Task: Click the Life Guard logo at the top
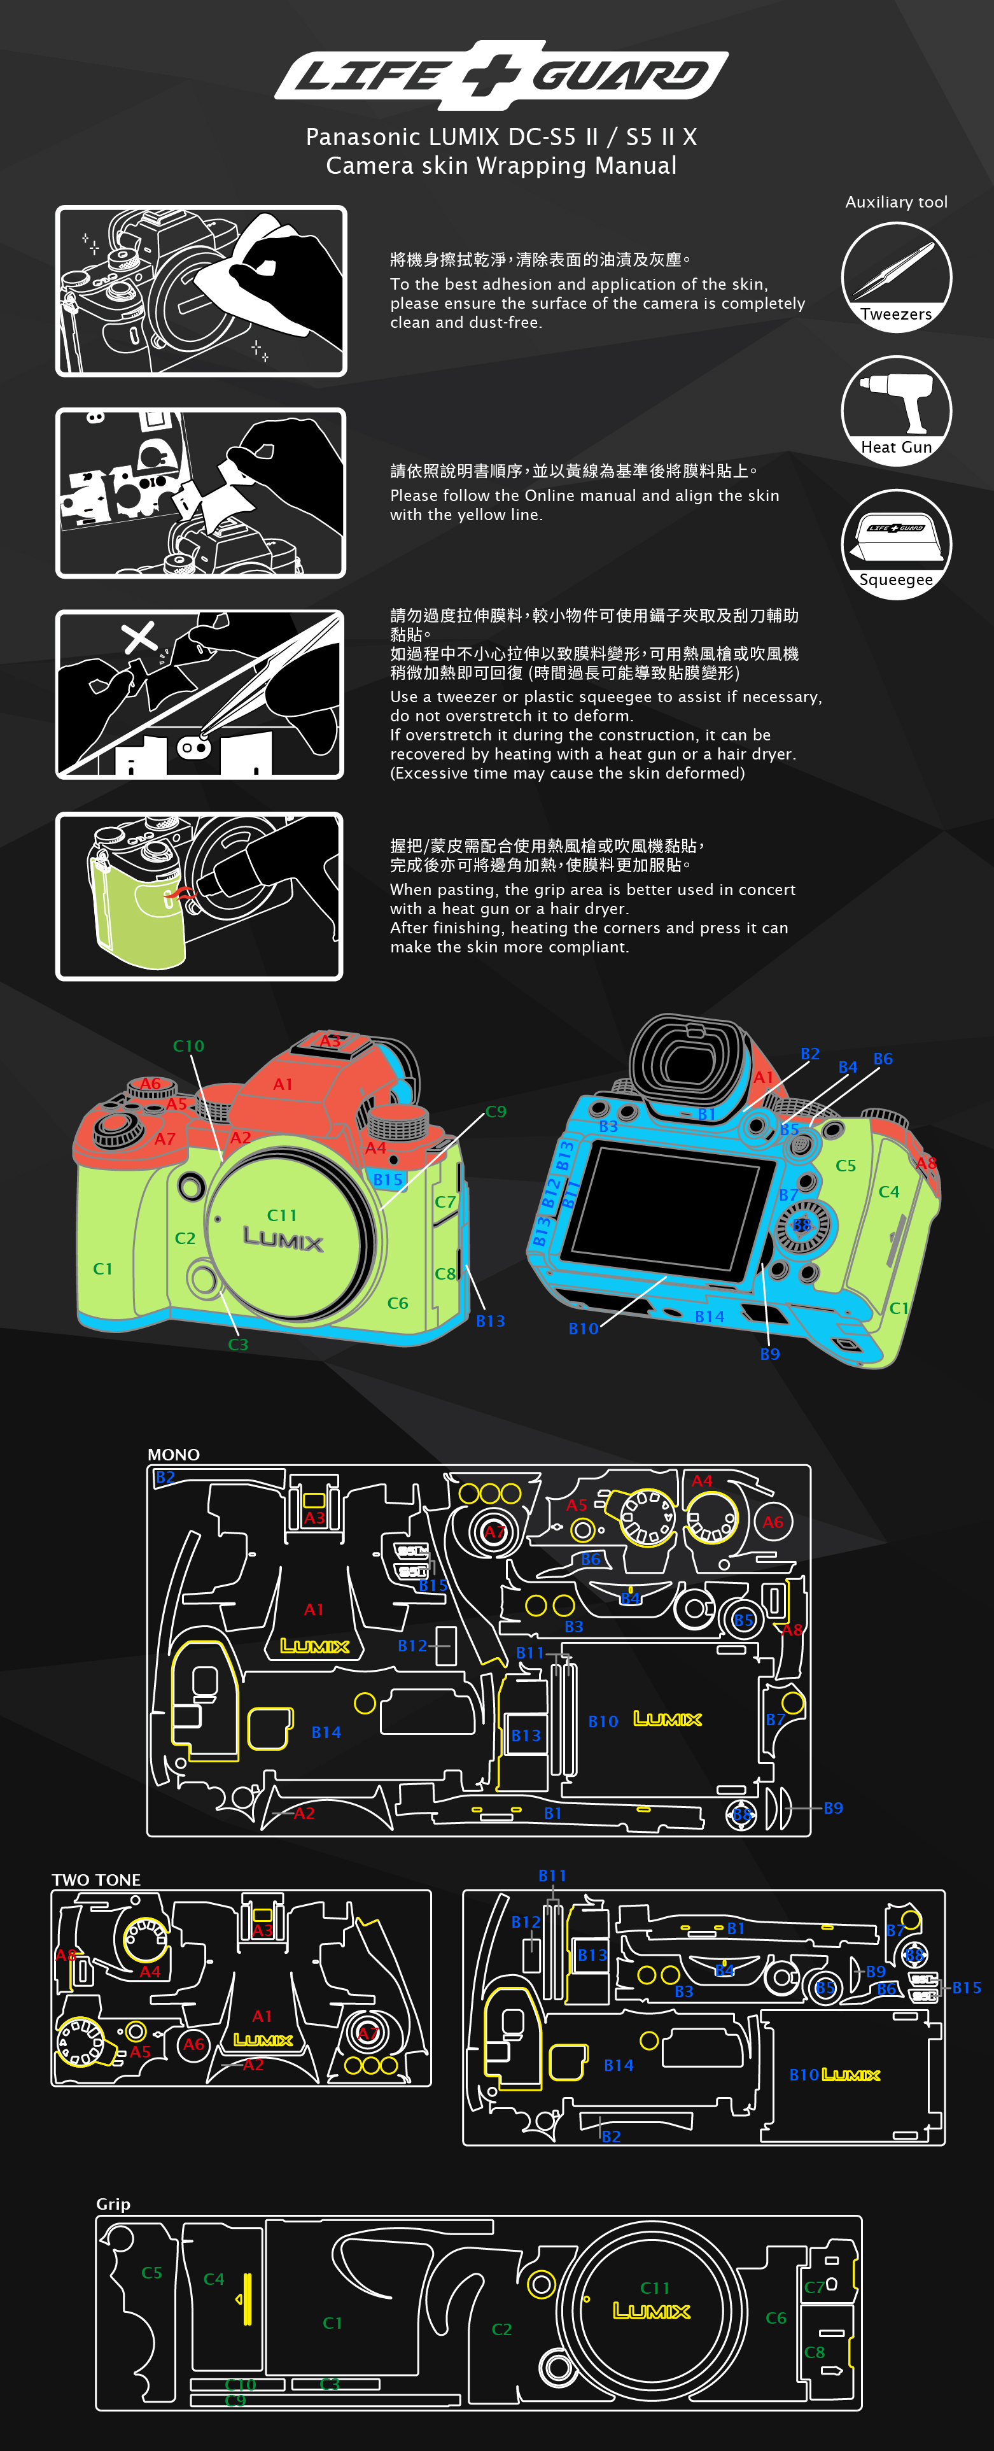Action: pyautogui.click(x=501, y=74)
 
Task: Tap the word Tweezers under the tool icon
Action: pyautogui.click(x=896, y=314)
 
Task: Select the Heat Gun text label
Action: pyautogui.click(x=896, y=447)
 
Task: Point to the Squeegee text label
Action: pyautogui.click(x=896, y=579)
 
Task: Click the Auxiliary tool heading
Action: pyautogui.click(x=896, y=202)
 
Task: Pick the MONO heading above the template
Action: pyautogui.click(x=173, y=1455)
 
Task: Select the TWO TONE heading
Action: pyautogui.click(x=96, y=1879)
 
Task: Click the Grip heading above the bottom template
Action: pyautogui.click(x=113, y=2203)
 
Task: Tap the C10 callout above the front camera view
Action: pyautogui.click(x=188, y=1046)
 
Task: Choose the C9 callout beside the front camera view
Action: pyautogui.click(x=496, y=1112)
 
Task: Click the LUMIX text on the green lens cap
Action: pyautogui.click(x=283, y=1239)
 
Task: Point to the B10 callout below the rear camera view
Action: pyautogui.click(x=583, y=1328)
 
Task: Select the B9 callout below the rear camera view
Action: pyautogui.click(x=769, y=1354)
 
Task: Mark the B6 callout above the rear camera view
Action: pyautogui.click(x=883, y=1059)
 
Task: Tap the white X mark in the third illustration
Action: pyautogui.click(x=140, y=637)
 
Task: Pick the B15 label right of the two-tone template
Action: pyautogui.click(x=967, y=1988)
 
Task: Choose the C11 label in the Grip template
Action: pyautogui.click(x=654, y=2287)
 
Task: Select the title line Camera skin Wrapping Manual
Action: pyautogui.click(x=501, y=166)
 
